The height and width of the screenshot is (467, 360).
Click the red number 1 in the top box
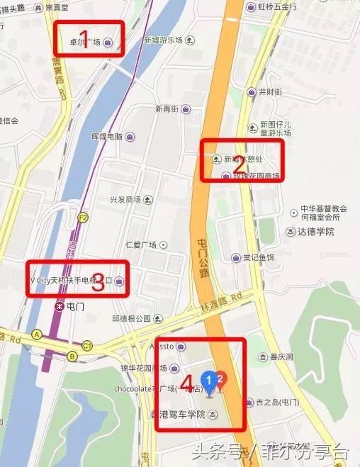[84, 38]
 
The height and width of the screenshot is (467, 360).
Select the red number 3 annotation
[99, 283]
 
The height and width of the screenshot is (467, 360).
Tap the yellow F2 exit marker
[83, 217]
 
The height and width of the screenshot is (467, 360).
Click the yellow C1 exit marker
[87, 345]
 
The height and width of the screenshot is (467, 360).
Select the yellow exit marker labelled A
[36, 334]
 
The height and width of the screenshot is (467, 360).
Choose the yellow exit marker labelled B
[72, 356]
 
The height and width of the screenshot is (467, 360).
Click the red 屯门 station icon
[59, 307]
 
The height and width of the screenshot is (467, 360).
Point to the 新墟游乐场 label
[164, 40]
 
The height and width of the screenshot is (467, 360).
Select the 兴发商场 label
[125, 200]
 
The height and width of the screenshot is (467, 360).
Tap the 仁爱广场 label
[140, 244]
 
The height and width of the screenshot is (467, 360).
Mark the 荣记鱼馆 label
[258, 257]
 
